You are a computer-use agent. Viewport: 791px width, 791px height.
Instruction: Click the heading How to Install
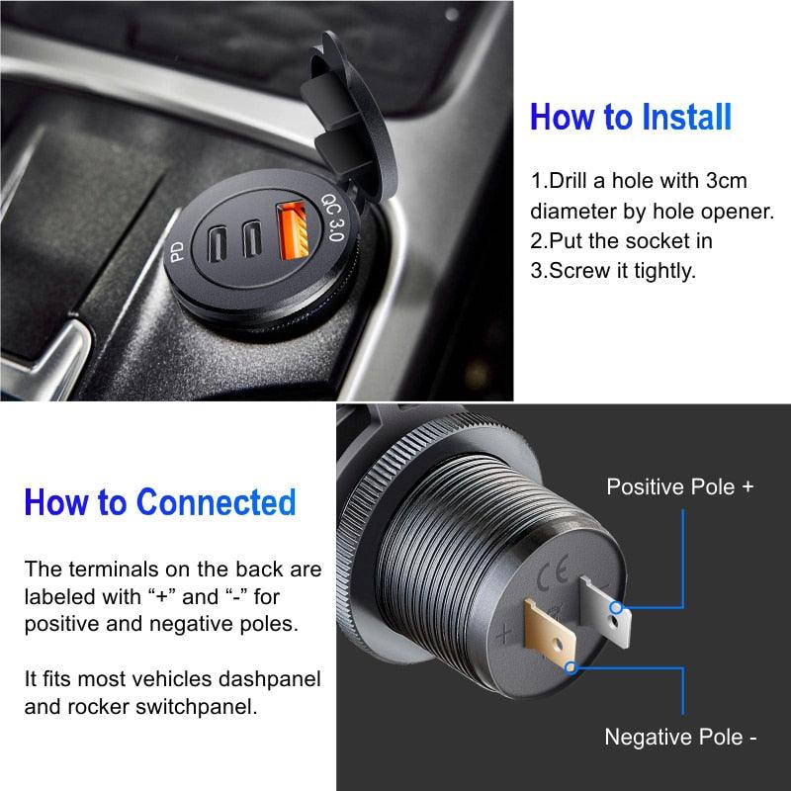pyautogui.click(x=631, y=117)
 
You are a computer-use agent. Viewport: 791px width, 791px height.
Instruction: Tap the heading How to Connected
pyautogui.click(x=160, y=501)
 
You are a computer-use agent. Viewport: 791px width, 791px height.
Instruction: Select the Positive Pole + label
pyautogui.click(x=679, y=486)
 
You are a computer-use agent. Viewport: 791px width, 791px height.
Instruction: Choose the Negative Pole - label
pyautogui.click(x=681, y=737)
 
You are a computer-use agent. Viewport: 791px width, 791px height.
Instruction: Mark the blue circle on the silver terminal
pyautogui.click(x=616, y=607)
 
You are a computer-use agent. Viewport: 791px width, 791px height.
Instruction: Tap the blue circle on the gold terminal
pyautogui.click(x=571, y=667)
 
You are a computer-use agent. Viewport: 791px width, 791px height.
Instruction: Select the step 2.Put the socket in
pyautogui.click(x=622, y=240)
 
